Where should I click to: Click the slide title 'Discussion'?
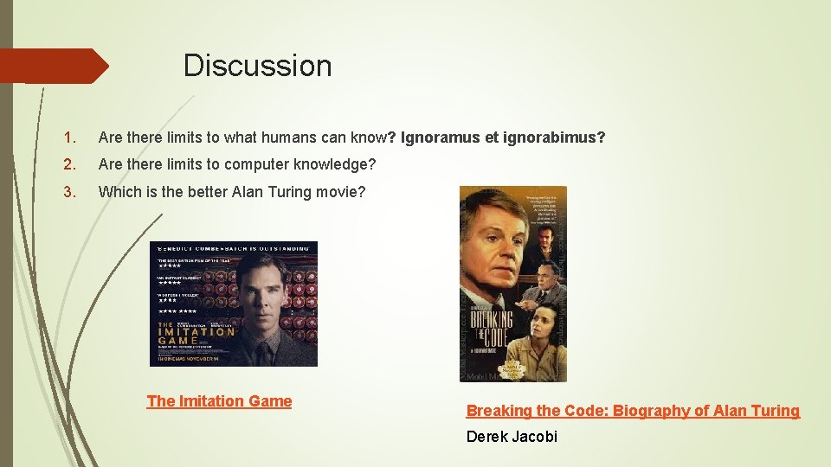click(x=257, y=66)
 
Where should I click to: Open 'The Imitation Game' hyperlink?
click(x=219, y=400)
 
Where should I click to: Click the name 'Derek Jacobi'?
click(x=512, y=437)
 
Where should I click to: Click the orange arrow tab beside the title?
click(x=54, y=66)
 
